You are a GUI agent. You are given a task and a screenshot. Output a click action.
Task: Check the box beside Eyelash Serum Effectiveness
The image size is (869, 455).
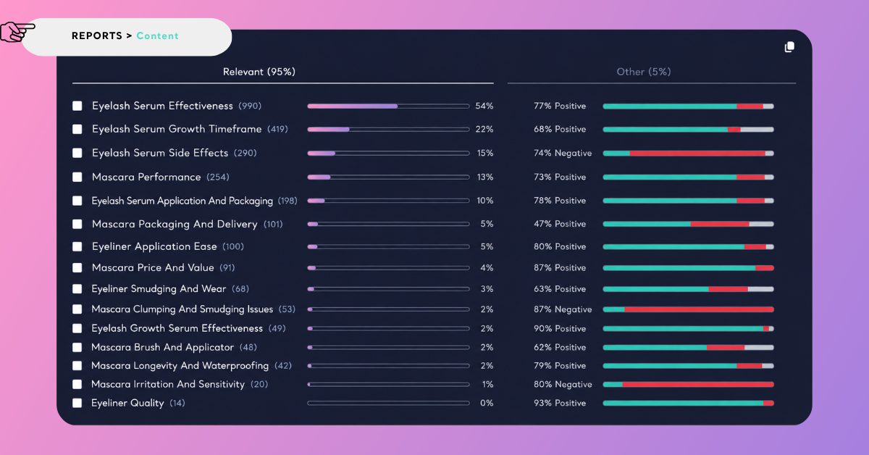(77, 106)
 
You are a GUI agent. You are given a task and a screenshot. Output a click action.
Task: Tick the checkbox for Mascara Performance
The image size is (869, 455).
(77, 177)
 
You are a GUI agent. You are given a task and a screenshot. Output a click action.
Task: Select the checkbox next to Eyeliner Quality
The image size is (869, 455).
(77, 403)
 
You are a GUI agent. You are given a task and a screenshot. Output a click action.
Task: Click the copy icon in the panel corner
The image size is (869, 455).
(789, 47)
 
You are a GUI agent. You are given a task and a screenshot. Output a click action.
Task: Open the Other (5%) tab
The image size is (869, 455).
(644, 72)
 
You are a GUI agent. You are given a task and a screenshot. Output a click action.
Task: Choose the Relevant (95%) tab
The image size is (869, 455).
(259, 72)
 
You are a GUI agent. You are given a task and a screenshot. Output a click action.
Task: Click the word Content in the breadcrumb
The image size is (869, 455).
(158, 36)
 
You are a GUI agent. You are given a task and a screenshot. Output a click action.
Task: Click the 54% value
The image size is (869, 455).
(484, 106)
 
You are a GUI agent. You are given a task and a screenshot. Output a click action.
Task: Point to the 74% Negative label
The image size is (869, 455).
(563, 153)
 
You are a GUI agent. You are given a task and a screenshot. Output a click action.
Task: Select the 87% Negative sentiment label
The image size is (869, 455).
(563, 309)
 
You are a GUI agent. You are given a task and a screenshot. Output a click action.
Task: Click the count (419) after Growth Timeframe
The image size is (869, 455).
(278, 129)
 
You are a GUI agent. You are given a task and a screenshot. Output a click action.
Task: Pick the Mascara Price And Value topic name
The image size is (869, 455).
(153, 267)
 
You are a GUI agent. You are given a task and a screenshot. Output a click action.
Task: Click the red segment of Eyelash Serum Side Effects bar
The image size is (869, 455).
(697, 154)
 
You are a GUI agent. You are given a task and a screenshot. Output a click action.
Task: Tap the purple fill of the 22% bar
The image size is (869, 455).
(328, 129)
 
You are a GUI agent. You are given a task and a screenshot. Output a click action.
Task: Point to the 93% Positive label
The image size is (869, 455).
(559, 403)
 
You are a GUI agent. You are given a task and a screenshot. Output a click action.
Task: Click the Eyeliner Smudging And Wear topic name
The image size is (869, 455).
(159, 289)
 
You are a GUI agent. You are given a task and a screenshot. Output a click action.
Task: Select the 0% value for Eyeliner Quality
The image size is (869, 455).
(487, 403)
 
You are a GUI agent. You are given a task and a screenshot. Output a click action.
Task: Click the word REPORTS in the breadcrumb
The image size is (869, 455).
(97, 36)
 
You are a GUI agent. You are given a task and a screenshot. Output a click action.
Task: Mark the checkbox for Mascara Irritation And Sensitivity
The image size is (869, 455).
(77, 384)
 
